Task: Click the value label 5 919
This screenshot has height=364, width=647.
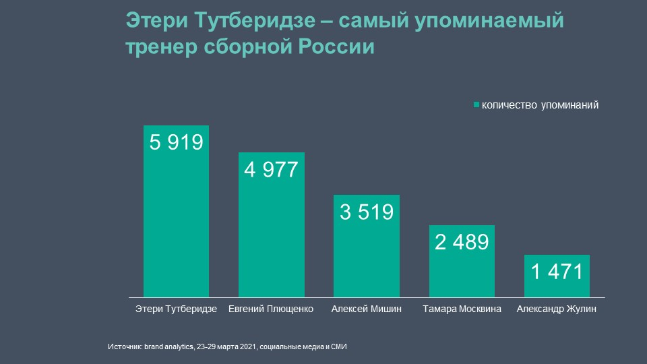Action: pyautogui.click(x=176, y=143)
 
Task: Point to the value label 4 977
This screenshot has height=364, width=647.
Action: pyautogui.click(x=272, y=169)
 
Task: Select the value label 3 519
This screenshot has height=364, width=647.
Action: pyautogui.click(x=367, y=212)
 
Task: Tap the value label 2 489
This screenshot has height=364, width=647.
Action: pyautogui.click(x=462, y=243)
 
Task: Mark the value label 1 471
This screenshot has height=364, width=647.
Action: pyautogui.click(x=557, y=272)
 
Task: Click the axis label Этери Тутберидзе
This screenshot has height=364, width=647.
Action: pyautogui.click(x=176, y=310)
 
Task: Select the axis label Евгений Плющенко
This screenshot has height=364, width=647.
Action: pyautogui.click(x=272, y=310)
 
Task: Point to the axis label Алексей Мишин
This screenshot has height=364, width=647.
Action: pyautogui.click(x=367, y=310)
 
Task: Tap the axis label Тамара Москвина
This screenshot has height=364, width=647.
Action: pyautogui.click(x=462, y=310)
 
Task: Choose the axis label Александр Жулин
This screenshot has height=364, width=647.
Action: pyautogui.click(x=557, y=310)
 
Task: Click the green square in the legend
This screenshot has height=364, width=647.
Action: pyautogui.click(x=476, y=105)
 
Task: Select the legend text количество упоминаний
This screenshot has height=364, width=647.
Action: pyautogui.click(x=540, y=105)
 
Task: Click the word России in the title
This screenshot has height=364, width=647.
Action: pyautogui.click(x=339, y=48)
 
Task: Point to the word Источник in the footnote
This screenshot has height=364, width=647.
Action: pyautogui.click(x=124, y=346)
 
